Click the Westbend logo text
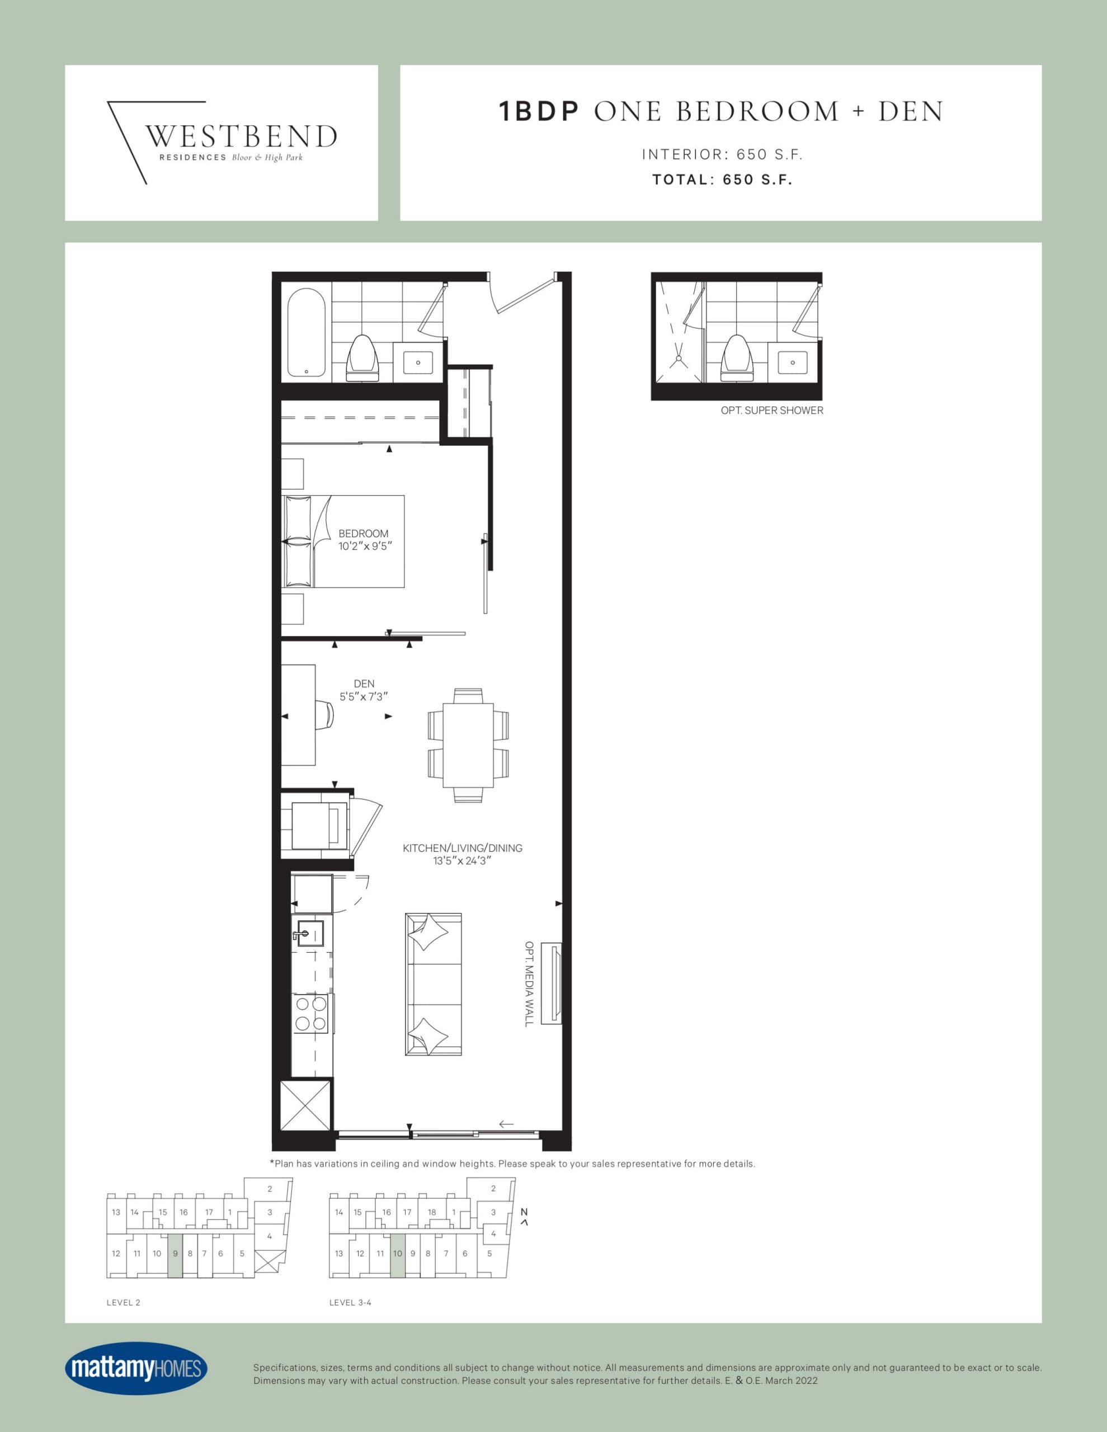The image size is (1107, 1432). [x=240, y=136]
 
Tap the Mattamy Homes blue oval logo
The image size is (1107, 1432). [x=136, y=1368]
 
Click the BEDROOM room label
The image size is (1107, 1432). [x=364, y=534]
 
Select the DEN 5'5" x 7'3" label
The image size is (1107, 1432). [x=364, y=690]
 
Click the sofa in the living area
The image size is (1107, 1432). [x=433, y=983]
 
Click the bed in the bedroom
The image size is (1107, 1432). [x=343, y=541]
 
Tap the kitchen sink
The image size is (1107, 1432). [x=309, y=932]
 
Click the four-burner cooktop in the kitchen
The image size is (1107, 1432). [x=311, y=1013]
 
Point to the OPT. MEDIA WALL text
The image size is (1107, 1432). [x=529, y=983]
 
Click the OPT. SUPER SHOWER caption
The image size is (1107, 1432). [x=772, y=411]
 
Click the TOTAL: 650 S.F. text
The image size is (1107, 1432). [x=722, y=180]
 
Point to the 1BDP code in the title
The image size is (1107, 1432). [x=539, y=111]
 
